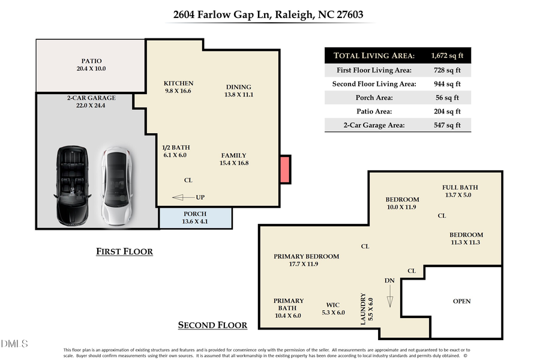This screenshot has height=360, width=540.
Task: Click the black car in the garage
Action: point(74,186)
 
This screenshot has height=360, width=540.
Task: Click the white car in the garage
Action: point(115,186)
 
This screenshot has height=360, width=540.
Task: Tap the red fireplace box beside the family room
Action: point(285,169)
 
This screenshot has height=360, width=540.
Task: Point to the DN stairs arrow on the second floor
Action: point(389,295)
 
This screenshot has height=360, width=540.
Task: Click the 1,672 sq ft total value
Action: point(447,56)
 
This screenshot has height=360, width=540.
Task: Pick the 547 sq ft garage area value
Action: point(447,125)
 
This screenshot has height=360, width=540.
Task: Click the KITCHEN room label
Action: point(179,83)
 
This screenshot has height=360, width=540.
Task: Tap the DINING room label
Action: point(238,87)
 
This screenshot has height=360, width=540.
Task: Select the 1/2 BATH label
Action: point(175,148)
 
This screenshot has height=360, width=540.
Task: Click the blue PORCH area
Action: point(196,218)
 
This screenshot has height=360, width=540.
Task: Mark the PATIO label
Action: point(92,61)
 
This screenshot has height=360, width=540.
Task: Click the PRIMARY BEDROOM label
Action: point(306,256)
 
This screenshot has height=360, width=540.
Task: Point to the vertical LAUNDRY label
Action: point(362,309)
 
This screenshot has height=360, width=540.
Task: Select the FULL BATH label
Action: point(460,187)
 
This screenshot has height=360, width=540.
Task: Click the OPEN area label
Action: point(461,301)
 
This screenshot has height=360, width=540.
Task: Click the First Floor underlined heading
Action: point(124,251)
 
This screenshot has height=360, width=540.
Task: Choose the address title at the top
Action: point(268,14)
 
